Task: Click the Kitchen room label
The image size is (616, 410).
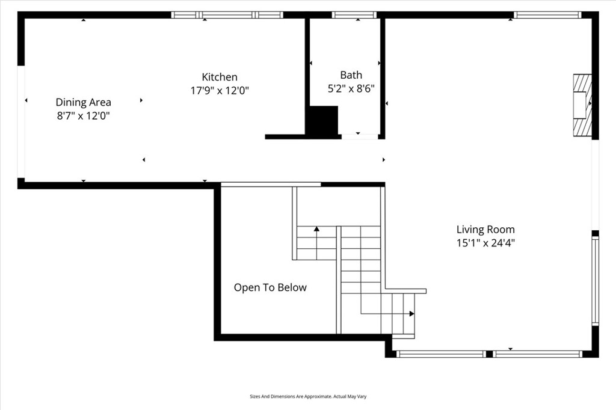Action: (x=220, y=77)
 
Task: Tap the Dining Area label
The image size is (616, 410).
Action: (x=83, y=102)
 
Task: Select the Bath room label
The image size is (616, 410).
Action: (x=351, y=75)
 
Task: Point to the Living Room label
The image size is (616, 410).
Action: (x=485, y=230)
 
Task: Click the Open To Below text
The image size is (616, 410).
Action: (x=270, y=287)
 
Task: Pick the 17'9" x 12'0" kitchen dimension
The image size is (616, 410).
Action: (x=220, y=91)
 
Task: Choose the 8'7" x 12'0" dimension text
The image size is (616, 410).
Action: (x=83, y=116)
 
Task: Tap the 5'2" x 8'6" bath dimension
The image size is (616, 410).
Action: (x=351, y=88)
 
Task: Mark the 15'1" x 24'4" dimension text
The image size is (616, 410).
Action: (x=485, y=243)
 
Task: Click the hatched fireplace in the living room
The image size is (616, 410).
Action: (x=582, y=105)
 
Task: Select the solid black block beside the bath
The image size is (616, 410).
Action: (x=322, y=120)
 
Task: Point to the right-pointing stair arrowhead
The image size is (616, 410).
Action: (x=411, y=313)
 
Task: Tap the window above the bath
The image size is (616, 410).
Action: (x=354, y=15)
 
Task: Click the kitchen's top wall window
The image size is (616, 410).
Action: (x=227, y=15)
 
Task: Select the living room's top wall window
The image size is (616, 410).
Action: (x=547, y=15)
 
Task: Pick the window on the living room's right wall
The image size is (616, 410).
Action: (x=596, y=281)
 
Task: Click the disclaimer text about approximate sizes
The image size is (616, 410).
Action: (x=308, y=397)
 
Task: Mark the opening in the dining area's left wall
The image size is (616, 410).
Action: (x=21, y=122)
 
